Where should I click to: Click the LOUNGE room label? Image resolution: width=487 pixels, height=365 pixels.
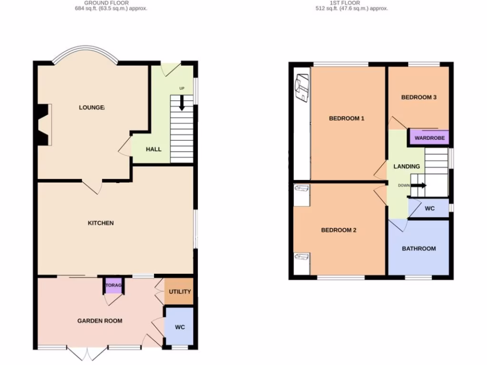click(x=92, y=107)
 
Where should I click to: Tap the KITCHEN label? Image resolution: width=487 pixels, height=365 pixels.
click(x=101, y=223)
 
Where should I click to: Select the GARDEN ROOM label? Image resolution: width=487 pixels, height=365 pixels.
click(x=100, y=321)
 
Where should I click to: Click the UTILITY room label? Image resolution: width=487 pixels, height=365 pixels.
click(x=180, y=292)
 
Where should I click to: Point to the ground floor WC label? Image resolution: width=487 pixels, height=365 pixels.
click(x=180, y=327)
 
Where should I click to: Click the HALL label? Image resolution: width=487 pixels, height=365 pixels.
click(x=154, y=149)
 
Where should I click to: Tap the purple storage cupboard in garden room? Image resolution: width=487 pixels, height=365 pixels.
click(x=114, y=285)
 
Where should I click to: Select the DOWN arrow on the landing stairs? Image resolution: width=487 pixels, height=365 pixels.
click(x=419, y=185)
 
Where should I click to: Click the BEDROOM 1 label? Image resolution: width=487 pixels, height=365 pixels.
click(x=347, y=118)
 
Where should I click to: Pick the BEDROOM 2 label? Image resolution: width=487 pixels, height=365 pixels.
click(x=339, y=230)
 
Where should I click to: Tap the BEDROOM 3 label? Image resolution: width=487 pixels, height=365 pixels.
click(x=419, y=97)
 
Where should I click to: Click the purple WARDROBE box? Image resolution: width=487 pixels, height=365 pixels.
click(x=429, y=138)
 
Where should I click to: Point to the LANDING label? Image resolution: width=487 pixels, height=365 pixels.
click(x=407, y=166)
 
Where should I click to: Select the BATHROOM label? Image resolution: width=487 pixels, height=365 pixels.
click(x=419, y=249)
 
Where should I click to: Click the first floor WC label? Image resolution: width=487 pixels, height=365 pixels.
click(x=429, y=208)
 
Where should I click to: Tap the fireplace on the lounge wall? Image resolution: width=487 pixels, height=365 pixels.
click(x=42, y=125)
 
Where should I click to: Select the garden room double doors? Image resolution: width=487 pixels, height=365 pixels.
click(x=87, y=354)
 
